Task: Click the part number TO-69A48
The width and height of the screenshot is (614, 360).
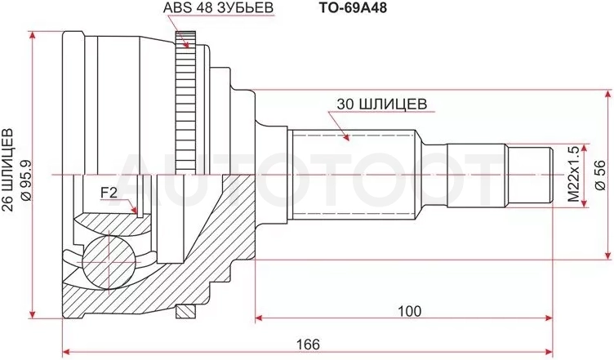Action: pyautogui.click(x=352, y=7)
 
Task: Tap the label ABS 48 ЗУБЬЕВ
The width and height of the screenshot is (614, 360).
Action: pyautogui.click(x=218, y=7)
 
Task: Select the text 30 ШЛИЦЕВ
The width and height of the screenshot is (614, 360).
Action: pyautogui.click(x=381, y=104)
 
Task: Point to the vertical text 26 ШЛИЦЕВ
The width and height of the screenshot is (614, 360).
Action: pyautogui.click(x=9, y=170)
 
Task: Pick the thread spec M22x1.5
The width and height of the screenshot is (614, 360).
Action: pyautogui.click(x=573, y=175)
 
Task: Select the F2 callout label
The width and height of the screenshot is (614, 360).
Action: pyautogui.click(x=109, y=193)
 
